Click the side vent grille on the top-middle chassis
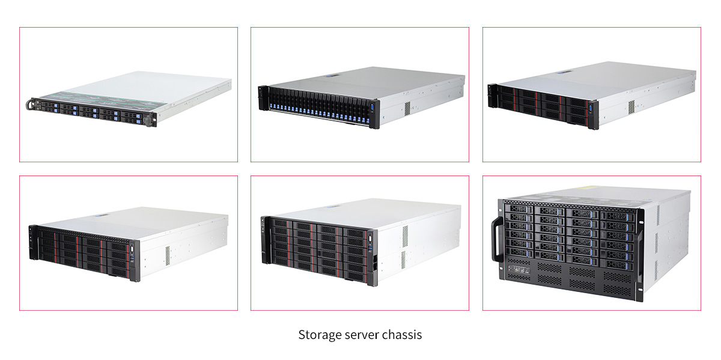[x=407, y=108]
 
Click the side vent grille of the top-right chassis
[x=631, y=107]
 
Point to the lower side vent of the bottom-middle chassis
[x=403, y=260]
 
